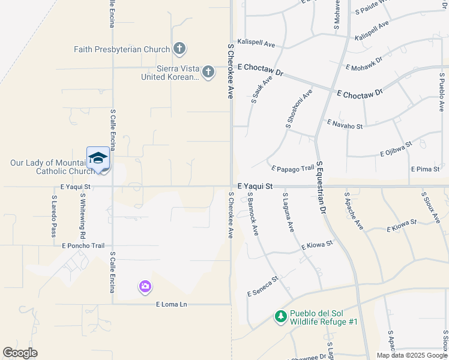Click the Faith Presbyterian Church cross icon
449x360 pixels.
pyautogui.click(x=179, y=49)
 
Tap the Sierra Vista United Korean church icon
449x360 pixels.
pyautogui.click(x=208, y=72)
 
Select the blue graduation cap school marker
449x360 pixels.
pyautogui.click(x=98, y=158)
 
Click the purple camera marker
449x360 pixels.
pyautogui.click(x=145, y=287)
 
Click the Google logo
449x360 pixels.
pyautogui.click(x=20, y=353)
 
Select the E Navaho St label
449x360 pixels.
pyautogui.click(x=345, y=123)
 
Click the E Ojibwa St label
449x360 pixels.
pyautogui.click(x=396, y=149)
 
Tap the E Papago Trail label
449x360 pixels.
pyautogui.click(x=293, y=169)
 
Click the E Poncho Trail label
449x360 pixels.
pyautogui.click(x=83, y=245)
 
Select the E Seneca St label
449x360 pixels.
pyautogui.click(x=263, y=286)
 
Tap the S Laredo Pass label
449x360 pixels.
pyautogui.click(x=53, y=215)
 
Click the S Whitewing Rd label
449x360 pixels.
pyautogui.click(x=82, y=218)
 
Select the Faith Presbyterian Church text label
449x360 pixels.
pyautogui.click(x=122, y=49)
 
